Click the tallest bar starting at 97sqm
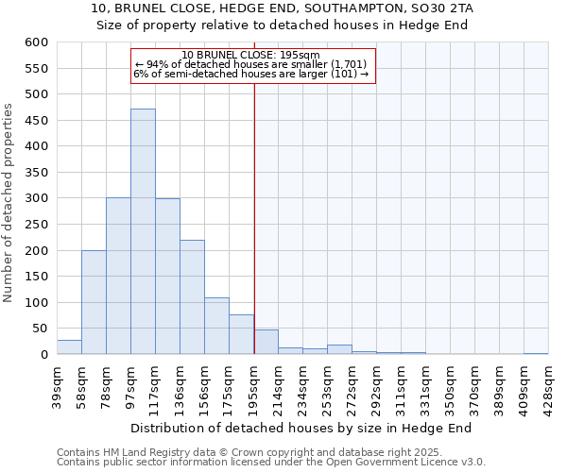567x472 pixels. (143, 231)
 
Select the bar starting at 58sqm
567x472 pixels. (94, 302)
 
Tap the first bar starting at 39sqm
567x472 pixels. (69, 347)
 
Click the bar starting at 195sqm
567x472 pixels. (266, 343)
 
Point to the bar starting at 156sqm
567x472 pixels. (216, 327)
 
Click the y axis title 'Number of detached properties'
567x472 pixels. (9, 203)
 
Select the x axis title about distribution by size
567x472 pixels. (301, 428)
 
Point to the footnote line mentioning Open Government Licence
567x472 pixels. (271, 463)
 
